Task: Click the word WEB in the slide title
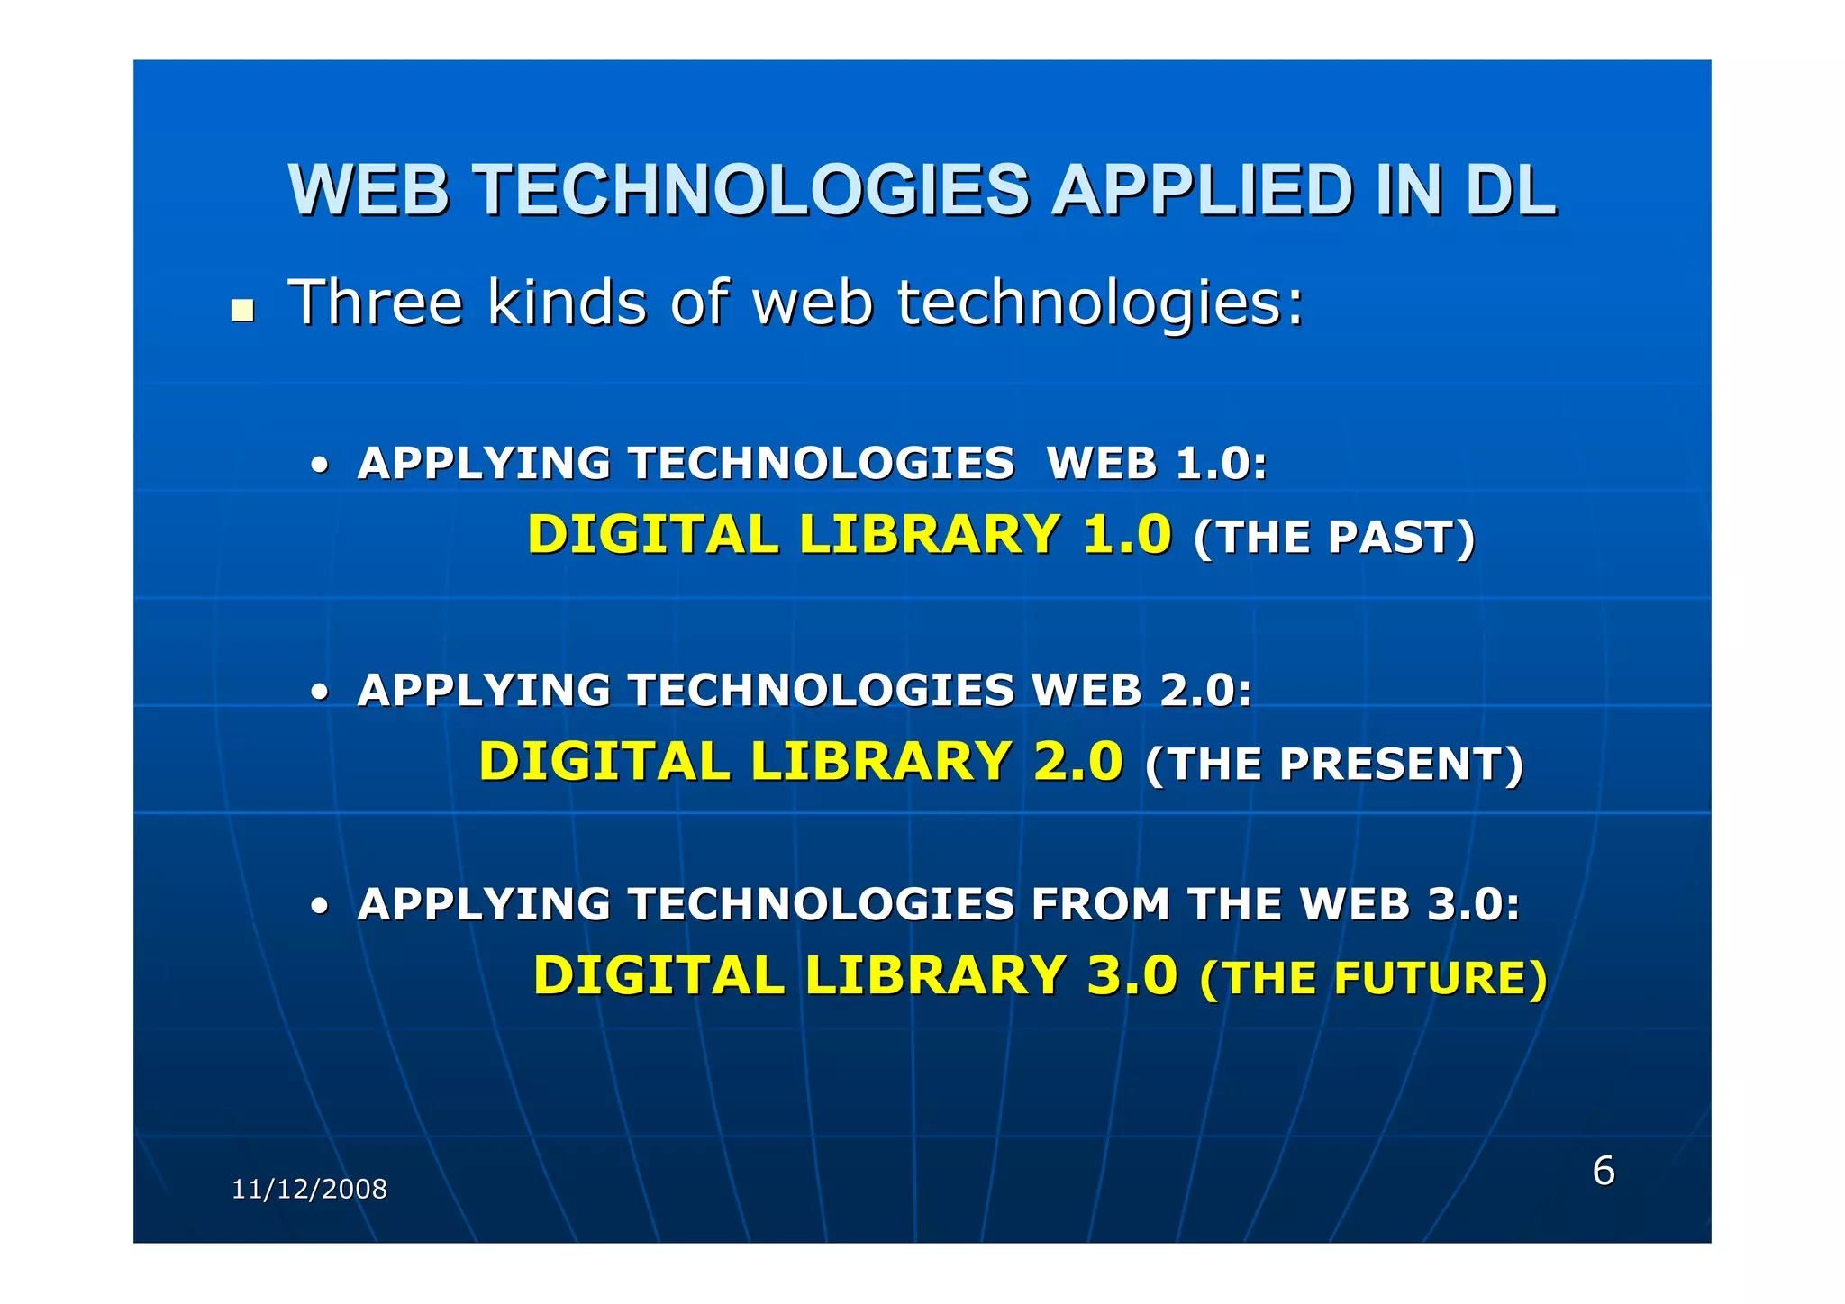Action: tap(368, 190)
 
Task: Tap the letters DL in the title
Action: tap(1510, 190)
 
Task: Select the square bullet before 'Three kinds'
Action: tap(241, 311)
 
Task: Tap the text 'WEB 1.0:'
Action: tap(1157, 464)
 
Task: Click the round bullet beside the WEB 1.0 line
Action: tap(319, 467)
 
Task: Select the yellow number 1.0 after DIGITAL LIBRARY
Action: tap(1126, 533)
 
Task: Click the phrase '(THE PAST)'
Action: tap(1333, 537)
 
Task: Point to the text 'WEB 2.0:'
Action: tap(1141, 691)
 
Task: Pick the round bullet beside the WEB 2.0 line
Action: tap(319, 694)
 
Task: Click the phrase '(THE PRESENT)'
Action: tap(1333, 764)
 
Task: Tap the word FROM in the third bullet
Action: tap(1100, 904)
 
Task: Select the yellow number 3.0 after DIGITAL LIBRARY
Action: tap(1132, 974)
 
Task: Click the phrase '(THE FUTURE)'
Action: tap(1373, 978)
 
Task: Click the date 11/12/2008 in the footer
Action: tap(309, 1189)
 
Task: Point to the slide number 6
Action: tap(1604, 1170)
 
